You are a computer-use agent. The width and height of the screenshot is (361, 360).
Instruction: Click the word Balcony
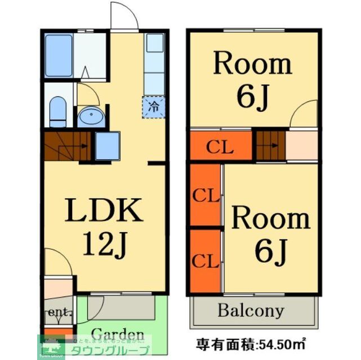251,310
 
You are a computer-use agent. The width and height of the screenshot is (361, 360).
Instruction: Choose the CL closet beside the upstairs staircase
219,147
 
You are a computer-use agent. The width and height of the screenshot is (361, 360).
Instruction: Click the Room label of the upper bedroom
252,64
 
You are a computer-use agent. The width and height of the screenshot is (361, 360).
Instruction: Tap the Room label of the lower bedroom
271,218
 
